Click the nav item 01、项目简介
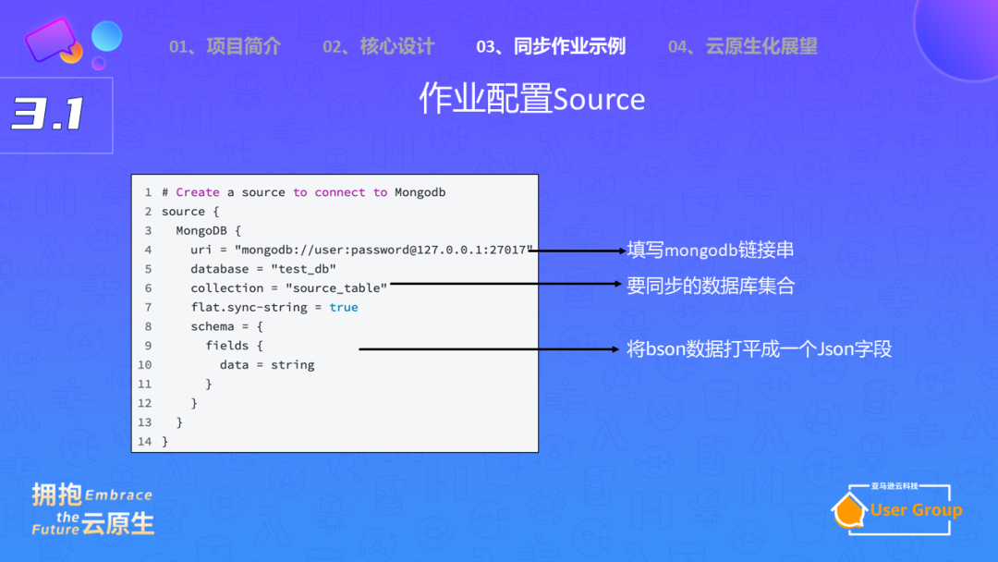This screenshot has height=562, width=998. (225, 46)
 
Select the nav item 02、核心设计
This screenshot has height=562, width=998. (378, 46)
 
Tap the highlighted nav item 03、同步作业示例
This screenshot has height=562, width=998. (550, 46)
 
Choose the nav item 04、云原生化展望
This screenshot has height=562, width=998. (742, 46)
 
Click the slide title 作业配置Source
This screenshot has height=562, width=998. (531, 99)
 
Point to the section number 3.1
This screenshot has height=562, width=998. (48, 114)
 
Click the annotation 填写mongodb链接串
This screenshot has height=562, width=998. (710, 250)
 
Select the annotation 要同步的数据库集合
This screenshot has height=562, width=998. (710, 286)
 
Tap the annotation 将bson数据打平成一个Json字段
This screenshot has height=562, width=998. (759, 349)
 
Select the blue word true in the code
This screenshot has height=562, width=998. (344, 307)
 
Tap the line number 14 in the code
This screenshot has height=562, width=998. (144, 442)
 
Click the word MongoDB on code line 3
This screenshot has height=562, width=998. (202, 230)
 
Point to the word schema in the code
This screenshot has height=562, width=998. (213, 326)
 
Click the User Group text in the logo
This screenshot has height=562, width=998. (916, 510)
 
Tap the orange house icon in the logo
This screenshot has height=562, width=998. (849, 512)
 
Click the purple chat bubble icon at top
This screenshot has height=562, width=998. (51, 39)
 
